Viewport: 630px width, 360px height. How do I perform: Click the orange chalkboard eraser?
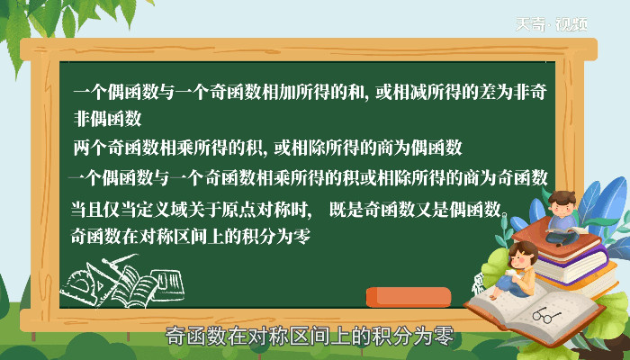409,297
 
